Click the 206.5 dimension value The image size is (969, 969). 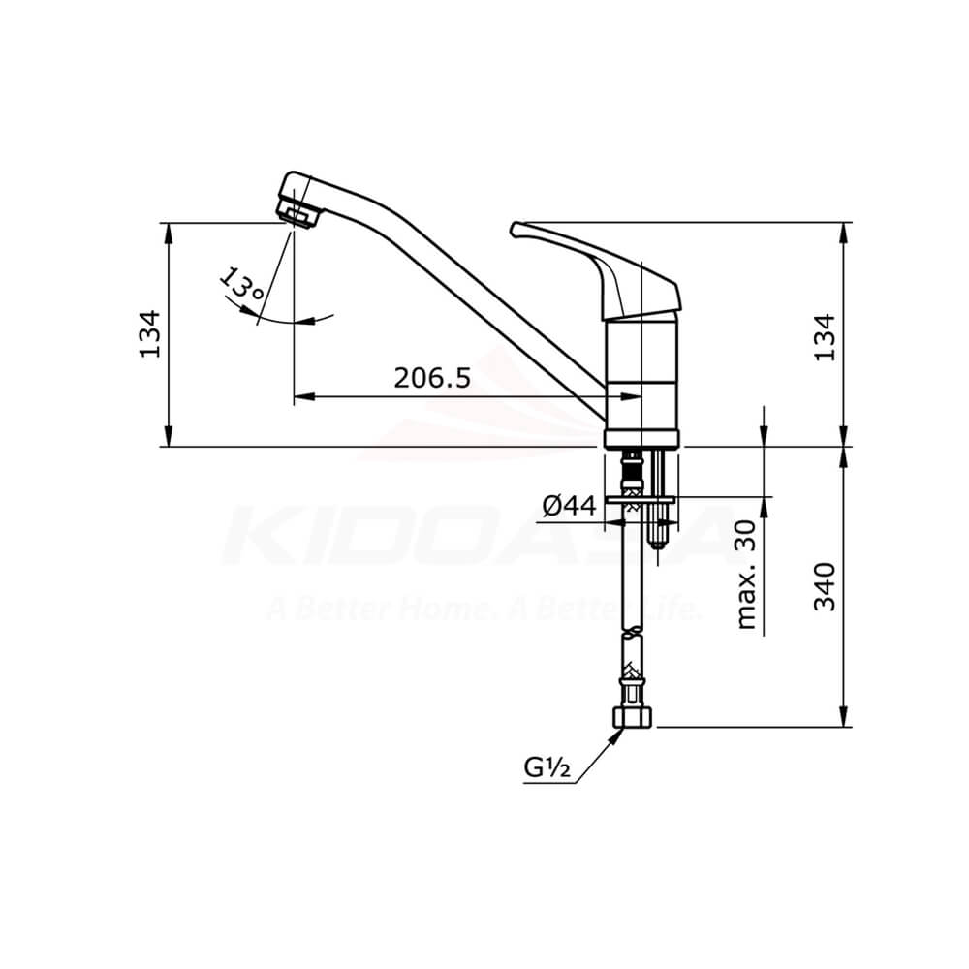[432, 377]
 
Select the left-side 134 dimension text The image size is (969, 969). [150, 333]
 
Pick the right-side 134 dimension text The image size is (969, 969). [824, 337]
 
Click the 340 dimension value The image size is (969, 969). [825, 586]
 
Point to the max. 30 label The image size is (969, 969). [747, 575]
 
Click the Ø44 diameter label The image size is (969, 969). [570, 506]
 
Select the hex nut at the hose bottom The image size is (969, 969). [634, 717]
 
